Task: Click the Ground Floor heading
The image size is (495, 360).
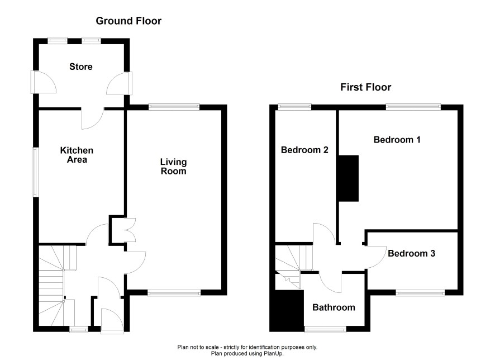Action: coord(128,21)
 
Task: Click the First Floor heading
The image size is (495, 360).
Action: coord(366,87)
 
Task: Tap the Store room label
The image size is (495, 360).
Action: coord(81,67)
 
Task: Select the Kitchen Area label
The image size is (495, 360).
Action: coord(77,155)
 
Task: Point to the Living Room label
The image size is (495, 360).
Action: coord(173,167)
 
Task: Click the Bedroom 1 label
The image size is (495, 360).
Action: coord(397,140)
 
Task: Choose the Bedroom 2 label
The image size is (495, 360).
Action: coord(304,150)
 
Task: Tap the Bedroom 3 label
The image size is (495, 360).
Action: coord(411,253)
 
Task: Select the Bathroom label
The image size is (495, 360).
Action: coord(334,307)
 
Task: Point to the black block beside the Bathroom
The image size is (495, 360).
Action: coord(285,311)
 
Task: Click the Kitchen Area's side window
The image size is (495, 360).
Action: coord(35,172)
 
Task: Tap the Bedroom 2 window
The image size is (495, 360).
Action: coord(295,106)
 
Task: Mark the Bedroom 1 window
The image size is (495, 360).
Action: coord(414,106)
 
